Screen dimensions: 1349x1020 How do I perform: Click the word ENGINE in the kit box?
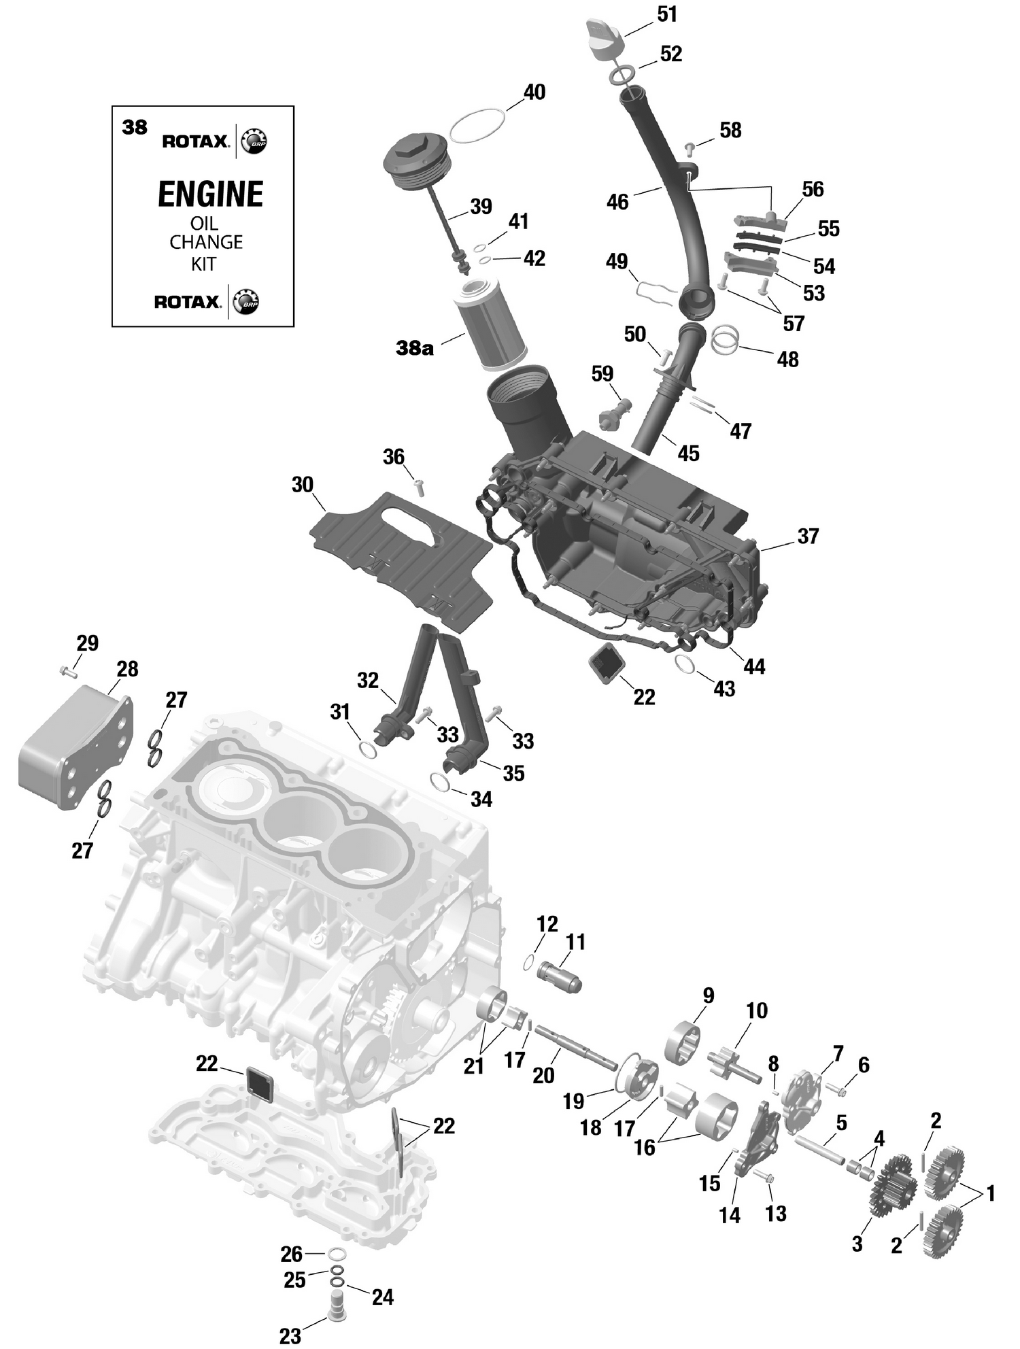(210, 194)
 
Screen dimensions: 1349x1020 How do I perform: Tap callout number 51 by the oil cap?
(666, 14)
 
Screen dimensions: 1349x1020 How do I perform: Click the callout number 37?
(807, 536)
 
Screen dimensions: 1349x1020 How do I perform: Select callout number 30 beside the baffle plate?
(302, 485)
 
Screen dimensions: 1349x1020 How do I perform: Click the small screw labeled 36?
(420, 485)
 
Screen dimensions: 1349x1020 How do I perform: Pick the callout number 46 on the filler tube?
(617, 202)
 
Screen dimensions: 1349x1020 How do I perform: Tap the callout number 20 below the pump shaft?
(543, 1075)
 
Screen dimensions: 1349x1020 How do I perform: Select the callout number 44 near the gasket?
(753, 666)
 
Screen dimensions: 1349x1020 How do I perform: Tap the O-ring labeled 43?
(685, 663)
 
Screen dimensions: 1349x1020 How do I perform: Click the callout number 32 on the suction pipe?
(367, 680)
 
